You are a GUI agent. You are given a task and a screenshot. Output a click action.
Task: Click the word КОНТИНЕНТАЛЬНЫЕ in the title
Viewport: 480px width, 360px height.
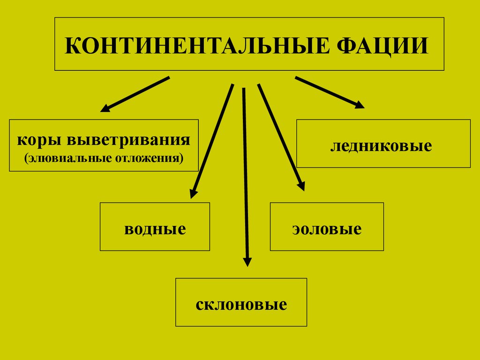[x=197, y=46]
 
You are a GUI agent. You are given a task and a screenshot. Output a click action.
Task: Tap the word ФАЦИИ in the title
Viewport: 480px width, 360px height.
[x=382, y=46]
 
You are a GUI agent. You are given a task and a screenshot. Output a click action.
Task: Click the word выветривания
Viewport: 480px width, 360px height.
[x=128, y=139]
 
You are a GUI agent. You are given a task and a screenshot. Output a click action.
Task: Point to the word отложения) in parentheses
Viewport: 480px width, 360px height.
[x=149, y=158]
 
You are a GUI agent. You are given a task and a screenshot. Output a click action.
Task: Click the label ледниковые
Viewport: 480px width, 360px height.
[x=381, y=146]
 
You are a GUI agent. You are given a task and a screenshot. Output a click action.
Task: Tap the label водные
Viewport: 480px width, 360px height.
[x=155, y=229]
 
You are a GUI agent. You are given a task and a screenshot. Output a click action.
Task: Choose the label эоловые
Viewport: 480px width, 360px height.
[x=327, y=229]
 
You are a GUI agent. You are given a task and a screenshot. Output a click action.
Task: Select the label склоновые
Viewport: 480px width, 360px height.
[x=241, y=305]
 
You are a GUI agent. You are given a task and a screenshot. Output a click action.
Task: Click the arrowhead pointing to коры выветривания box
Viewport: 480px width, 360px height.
[x=105, y=108]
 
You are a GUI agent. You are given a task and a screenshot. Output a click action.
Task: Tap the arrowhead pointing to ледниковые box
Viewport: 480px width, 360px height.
[x=360, y=105]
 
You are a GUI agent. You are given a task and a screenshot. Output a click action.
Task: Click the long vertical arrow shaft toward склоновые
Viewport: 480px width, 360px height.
[x=246, y=173]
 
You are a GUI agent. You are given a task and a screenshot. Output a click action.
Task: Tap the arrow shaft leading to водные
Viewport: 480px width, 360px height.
[x=214, y=137]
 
